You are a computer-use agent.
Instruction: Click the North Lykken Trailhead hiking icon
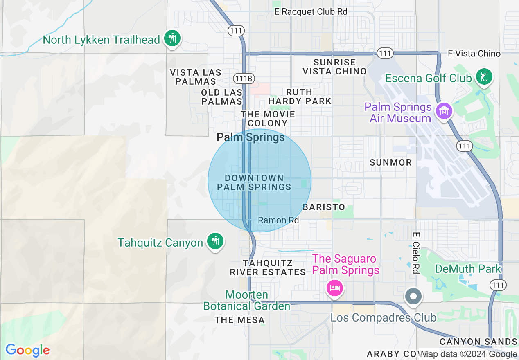coord(172,39)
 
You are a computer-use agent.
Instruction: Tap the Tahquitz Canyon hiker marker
coord(214,241)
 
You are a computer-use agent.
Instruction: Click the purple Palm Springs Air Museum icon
coord(444,111)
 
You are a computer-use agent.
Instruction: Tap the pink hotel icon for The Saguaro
coord(334,288)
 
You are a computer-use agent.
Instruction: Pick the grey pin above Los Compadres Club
coord(413,296)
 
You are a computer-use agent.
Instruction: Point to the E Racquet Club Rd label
coord(311,12)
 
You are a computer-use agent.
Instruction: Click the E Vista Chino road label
coord(474,54)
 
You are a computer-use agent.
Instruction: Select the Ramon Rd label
coord(278,220)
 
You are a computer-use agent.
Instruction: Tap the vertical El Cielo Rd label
coord(416,253)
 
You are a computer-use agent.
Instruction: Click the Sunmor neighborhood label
coord(390,162)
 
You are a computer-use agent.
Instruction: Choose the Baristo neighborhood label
coord(324,207)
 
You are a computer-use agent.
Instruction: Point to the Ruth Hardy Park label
coord(300,97)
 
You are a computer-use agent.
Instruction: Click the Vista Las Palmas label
coord(196,77)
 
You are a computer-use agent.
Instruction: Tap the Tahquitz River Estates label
coord(268,268)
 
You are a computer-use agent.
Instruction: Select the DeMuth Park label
coord(468,269)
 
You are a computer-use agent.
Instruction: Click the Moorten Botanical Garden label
coord(247,300)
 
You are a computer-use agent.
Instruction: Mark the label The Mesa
coord(240,320)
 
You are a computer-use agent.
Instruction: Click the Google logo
coord(27,350)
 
